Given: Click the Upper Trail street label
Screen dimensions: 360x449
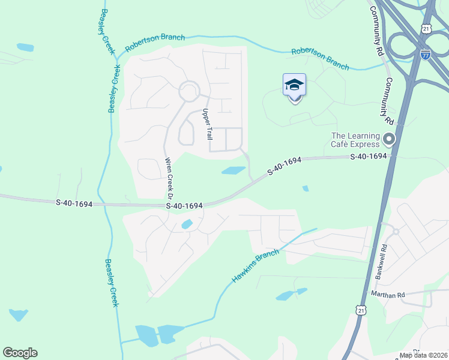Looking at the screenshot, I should [207, 124].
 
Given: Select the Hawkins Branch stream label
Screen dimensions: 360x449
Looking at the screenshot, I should [255, 266].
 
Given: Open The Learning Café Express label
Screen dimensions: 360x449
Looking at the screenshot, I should [356, 140].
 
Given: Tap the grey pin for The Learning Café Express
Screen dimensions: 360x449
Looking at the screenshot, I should [389, 140].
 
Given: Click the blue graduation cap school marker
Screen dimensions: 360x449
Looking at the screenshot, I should [294, 85].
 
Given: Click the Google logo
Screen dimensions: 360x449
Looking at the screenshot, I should [20, 353].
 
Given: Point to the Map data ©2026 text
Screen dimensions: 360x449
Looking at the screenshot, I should [424, 355].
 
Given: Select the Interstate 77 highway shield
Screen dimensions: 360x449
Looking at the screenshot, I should [426, 54].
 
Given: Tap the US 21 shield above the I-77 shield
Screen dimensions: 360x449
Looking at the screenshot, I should [426, 28].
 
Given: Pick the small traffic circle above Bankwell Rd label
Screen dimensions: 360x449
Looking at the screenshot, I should [395, 230].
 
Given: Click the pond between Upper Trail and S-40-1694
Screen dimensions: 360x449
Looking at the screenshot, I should [234, 170].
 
